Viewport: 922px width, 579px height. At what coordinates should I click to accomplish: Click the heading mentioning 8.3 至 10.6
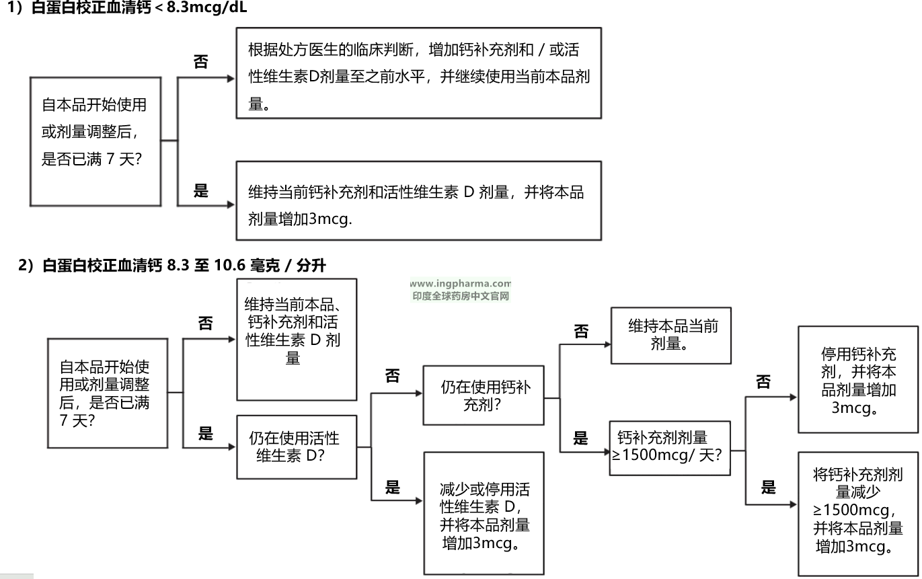pyautogui.click(x=173, y=266)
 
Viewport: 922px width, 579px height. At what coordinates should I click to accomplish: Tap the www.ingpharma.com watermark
pyautogui.click(x=460, y=284)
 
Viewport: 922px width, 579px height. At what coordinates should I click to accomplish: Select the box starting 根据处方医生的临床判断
pyautogui.click(x=418, y=73)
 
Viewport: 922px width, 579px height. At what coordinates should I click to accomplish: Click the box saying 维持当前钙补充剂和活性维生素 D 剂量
pyautogui.click(x=418, y=200)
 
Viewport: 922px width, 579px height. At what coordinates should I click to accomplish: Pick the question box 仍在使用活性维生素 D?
pyautogui.click(x=296, y=447)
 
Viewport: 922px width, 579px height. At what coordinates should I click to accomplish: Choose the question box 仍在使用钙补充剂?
pyautogui.click(x=483, y=395)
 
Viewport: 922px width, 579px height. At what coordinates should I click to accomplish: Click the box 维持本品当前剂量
pyautogui.click(x=670, y=335)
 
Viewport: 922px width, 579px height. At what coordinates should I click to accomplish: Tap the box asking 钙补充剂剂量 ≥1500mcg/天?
pyautogui.click(x=669, y=447)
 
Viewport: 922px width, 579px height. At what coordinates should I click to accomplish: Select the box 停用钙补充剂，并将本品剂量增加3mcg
pyautogui.click(x=857, y=379)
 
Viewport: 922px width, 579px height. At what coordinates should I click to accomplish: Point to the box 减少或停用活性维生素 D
pyautogui.click(x=483, y=512)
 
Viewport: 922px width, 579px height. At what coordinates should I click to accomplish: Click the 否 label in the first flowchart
pyautogui.click(x=201, y=63)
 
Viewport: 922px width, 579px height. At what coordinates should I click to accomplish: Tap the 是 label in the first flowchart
pyautogui.click(x=201, y=191)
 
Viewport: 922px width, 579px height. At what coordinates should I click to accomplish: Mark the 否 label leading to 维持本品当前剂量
pyautogui.click(x=580, y=332)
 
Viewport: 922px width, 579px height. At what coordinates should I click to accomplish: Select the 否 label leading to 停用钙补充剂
pyautogui.click(x=763, y=382)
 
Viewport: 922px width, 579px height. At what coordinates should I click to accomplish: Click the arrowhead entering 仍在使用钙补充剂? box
pyautogui.click(x=419, y=393)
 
